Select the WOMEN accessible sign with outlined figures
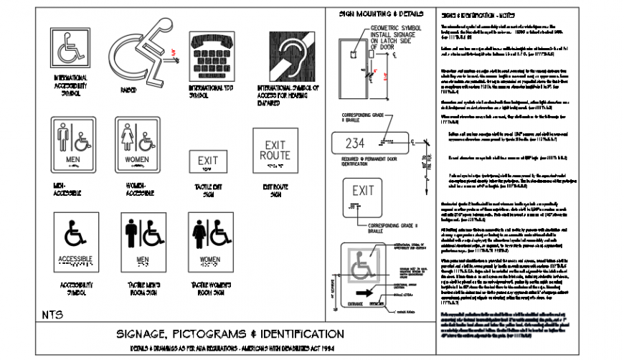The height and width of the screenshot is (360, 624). click(136, 146)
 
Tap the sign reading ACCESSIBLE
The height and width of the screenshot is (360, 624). click(75, 244)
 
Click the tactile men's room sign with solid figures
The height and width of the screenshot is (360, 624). click(142, 244)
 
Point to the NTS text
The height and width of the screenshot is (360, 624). click(52, 314)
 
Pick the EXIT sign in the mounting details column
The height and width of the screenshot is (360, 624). click(363, 195)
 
